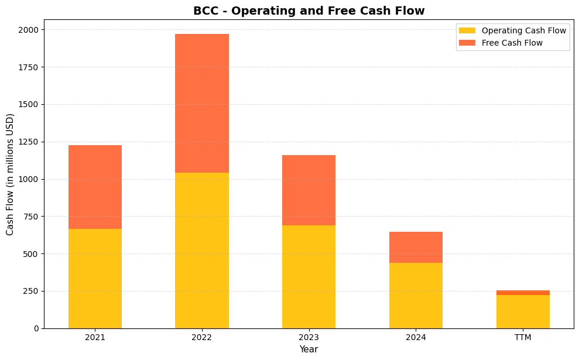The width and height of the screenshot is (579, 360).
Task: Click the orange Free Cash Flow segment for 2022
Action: tap(202, 103)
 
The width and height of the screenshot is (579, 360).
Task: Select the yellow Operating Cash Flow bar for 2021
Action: tap(95, 278)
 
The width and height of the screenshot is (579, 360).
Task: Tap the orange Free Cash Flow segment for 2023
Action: tap(309, 190)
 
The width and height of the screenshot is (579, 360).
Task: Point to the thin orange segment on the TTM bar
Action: tap(523, 293)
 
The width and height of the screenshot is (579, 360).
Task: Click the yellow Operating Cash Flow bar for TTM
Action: tap(523, 311)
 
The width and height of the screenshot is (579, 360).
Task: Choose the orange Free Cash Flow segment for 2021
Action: tap(95, 187)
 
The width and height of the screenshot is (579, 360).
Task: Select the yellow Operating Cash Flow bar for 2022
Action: tap(202, 250)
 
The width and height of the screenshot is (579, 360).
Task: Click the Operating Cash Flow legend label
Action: tap(523, 30)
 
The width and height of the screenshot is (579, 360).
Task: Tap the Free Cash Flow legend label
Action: tap(512, 43)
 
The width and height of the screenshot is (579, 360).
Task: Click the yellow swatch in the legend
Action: tap(467, 30)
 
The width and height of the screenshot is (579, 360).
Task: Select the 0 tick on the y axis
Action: tap(36, 328)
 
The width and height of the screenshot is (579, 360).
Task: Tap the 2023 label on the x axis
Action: tap(309, 338)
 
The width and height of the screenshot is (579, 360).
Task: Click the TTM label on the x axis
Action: tap(523, 338)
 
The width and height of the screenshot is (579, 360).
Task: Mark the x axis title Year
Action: tap(309, 349)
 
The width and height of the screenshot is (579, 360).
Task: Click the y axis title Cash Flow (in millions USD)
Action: tap(10, 174)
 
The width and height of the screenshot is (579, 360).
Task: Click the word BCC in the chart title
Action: tap(204, 11)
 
